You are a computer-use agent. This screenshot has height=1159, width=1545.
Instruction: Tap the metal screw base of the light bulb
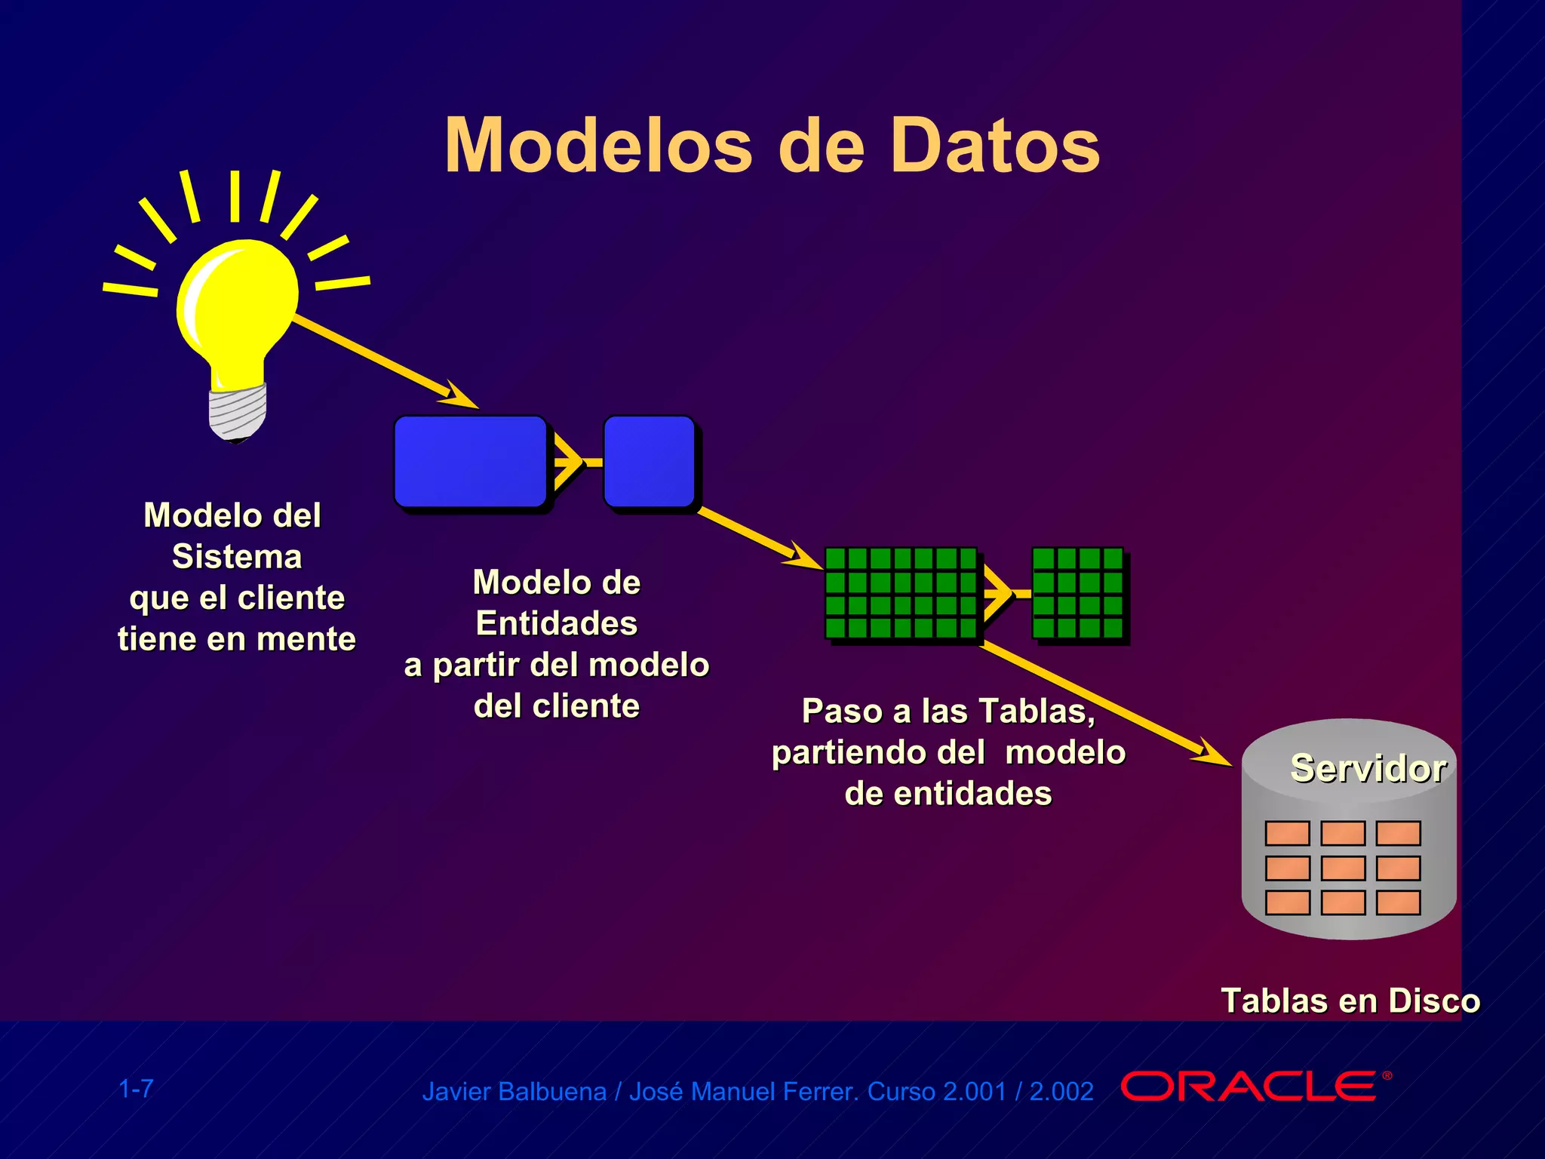[x=238, y=412]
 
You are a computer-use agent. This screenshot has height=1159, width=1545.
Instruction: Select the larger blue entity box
[x=470, y=461]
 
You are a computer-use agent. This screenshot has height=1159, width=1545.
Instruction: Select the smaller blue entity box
[x=649, y=461]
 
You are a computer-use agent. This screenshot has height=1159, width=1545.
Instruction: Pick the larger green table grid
[x=901, y=593]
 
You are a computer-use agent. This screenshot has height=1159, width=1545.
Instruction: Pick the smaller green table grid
[x=1077, y=593]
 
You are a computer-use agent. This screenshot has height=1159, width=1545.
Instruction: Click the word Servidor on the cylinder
[x=1368, y=768]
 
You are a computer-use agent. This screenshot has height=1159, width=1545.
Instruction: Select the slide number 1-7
[x=137, y=1089]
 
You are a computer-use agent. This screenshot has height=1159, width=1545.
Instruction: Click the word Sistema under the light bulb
[x=237, y=557]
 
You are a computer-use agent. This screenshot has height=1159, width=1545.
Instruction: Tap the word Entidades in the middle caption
[x=557, y=623]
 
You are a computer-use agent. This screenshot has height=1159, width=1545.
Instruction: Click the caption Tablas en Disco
[x=1350, y=1001]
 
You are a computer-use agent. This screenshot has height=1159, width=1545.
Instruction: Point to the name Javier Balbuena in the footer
[x=514, y=1092]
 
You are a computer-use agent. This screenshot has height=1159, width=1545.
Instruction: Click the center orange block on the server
[x=1343, y=868]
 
